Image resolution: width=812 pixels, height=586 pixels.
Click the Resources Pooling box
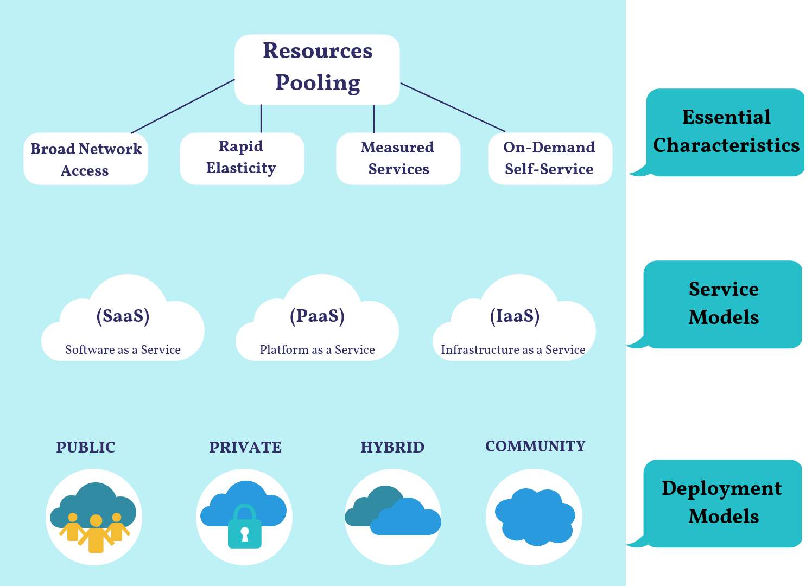click(x=317, y=69)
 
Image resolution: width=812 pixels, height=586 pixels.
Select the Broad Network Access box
click(x=86, y=159)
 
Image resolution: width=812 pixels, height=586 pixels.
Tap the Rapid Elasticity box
click(x=242, y=158)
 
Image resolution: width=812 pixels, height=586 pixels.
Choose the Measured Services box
click(x=398, y=158)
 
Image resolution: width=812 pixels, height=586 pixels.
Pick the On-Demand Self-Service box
click(x=550, y=158)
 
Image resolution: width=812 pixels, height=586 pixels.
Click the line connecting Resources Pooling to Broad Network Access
click(x=182, y=106)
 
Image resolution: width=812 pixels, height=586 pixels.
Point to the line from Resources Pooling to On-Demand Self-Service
click(x=453, y=107)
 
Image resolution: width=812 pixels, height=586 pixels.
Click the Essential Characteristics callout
click(x=725, y=132)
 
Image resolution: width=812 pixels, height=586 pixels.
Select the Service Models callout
click(x=723, y=304)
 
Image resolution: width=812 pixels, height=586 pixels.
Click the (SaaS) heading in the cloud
click(x=123, y=316)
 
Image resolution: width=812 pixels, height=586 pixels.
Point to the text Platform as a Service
click(x=317, y=350)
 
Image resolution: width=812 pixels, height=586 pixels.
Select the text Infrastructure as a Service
click(x=513, y=350)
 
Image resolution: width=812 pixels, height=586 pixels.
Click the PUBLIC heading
click(x=86, y=448)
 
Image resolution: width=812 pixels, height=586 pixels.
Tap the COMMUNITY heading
click(x=535, y=447)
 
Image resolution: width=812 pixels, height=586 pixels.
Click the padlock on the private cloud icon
click(x=244, y=529)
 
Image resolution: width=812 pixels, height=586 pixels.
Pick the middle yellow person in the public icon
click(x=96, y=534)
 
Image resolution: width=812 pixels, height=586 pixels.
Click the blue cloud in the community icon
click(x=535, y=517)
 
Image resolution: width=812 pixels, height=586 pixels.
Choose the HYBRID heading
click(x=392, y=448)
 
